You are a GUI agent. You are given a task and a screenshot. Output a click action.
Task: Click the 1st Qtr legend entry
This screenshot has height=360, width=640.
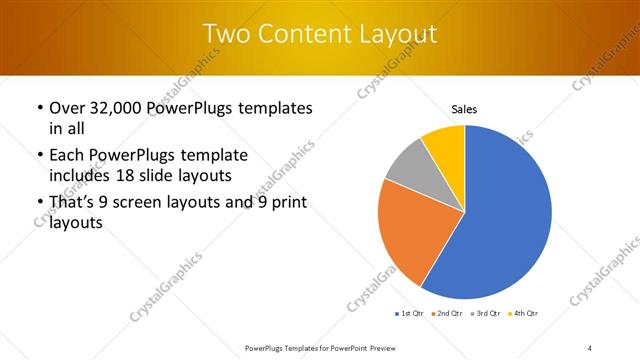click(x=410, y=314)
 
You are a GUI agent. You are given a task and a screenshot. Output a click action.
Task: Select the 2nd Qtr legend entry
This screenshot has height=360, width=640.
click(x=447, y=314)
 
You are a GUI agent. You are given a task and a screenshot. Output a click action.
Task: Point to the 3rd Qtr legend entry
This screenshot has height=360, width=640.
click(x=484, y=314)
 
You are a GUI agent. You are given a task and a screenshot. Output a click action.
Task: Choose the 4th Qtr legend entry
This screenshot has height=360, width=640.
click(x=522, y=314)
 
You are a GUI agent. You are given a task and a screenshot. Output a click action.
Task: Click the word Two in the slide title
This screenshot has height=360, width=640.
click(x=226, y=34)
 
